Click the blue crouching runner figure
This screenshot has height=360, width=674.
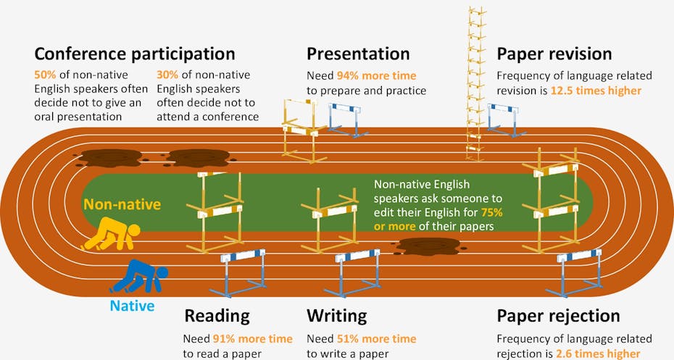pos(140,276)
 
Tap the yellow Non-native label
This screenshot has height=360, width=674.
pos(122,204)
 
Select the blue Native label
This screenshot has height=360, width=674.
pos(132,306)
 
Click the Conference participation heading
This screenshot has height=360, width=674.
pos(135,54)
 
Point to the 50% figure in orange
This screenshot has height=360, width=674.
pos(45,75)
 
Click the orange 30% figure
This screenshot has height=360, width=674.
pos(167,75)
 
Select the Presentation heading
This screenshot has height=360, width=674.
pos(358,54)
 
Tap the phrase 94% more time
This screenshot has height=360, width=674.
pos(376,75)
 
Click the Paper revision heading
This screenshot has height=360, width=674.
pos(554,54)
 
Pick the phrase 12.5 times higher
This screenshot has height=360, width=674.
pos(596,91)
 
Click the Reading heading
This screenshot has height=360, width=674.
pos(217,317)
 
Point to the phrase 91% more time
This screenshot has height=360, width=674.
pos(253,339)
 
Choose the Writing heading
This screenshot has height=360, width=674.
pos(336,317)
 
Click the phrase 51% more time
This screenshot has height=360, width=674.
pos(377,339)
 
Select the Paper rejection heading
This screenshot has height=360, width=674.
pos(558,317)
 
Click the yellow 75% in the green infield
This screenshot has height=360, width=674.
pos(492,212)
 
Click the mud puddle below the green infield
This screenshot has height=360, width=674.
pos(428,246)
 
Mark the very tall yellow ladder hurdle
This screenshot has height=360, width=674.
pos(475,84)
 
